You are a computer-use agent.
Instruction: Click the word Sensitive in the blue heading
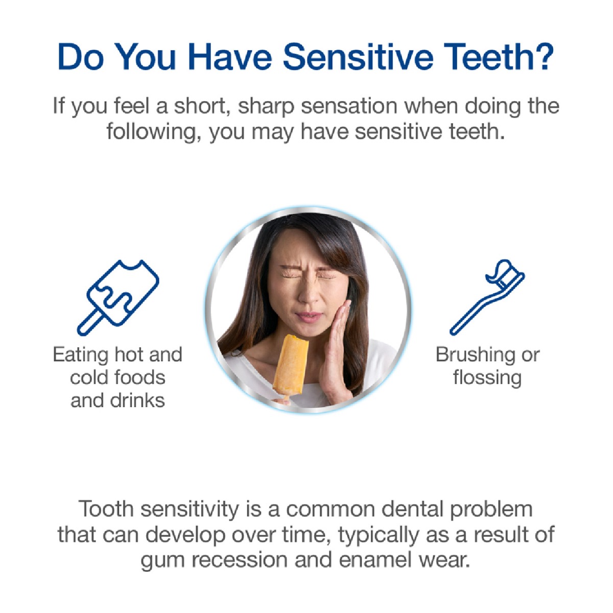[x=358, y=57]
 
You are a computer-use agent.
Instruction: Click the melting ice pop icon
[x=118, y=297]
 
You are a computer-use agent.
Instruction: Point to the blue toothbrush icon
[x=487, y=297]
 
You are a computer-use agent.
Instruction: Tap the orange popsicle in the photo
[x=291, y=366]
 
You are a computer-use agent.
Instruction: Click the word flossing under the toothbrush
[x=487, y=378]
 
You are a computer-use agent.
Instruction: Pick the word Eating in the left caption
[x=81, y=356]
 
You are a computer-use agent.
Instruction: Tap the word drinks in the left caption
[x=137, y=400]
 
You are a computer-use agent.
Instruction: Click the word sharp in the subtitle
[x=266, y=107]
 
